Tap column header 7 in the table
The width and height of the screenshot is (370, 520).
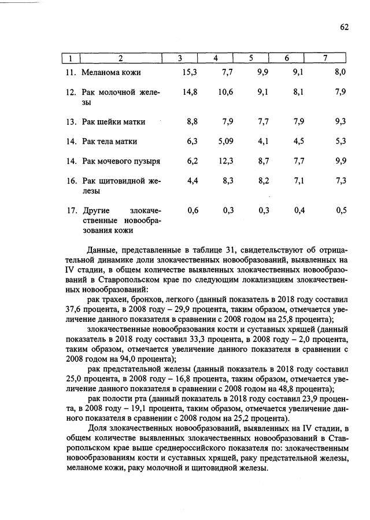(325, 58)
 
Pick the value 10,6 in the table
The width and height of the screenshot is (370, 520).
(225, 92)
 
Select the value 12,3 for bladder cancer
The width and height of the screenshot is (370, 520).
(225, 161)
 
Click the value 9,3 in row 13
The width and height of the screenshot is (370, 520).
(340, 122)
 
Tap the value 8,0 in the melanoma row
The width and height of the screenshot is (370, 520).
(340, 72)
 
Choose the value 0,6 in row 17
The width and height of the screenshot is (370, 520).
(193, 210)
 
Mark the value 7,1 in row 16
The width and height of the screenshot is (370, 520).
(299, 180)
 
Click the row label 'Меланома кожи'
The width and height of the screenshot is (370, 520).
(111, 73)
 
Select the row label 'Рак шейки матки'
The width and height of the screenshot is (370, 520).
(113, 122)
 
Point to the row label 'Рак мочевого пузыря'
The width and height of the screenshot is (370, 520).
(121, 161)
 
